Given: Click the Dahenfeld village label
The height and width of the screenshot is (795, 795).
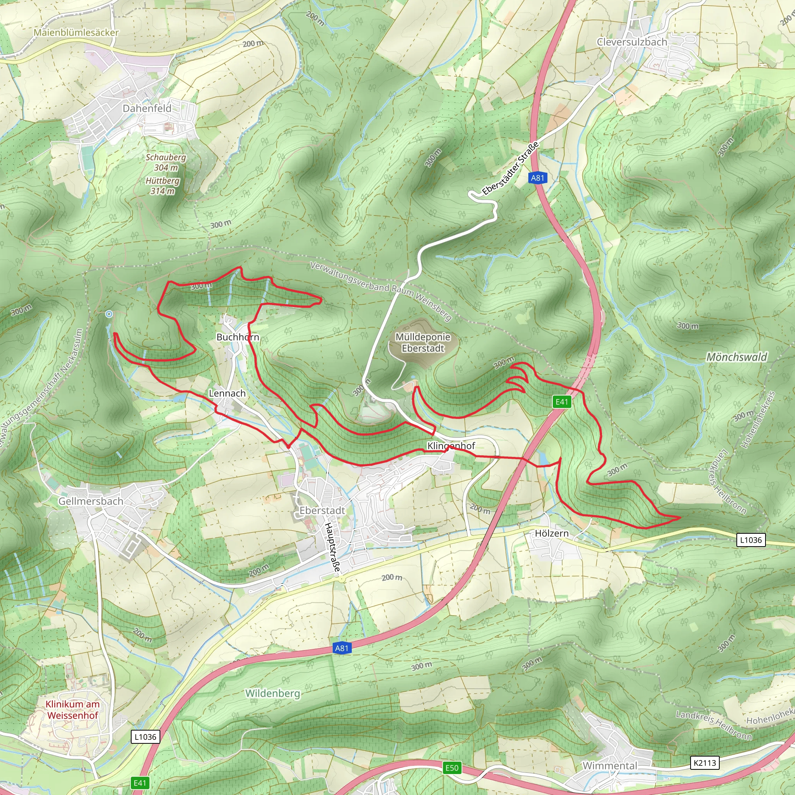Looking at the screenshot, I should tap(147, 108).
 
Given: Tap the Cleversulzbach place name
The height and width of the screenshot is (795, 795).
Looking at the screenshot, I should tap(632, 42).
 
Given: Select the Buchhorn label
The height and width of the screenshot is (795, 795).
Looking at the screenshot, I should tap(238, 337).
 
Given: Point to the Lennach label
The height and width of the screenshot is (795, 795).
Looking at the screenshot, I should tap(227, 393).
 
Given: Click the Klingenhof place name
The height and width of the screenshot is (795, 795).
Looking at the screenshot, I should tap(451, 446).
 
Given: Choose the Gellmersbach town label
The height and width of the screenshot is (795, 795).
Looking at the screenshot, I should tap(90, 501).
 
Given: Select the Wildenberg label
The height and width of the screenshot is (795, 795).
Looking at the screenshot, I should tap(273, 693).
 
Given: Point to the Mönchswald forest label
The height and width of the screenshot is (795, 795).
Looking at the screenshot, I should tap(736, 357).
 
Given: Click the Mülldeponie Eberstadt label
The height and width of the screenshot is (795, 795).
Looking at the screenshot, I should tap(423, 342).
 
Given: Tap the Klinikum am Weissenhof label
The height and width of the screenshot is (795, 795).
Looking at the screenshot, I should tap(73, 710).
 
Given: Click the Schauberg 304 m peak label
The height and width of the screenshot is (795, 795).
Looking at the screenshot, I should tap(166, 162).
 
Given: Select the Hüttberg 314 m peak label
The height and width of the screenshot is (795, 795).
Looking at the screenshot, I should tap(163, 186).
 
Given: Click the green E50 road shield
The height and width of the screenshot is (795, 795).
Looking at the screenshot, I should tap(452, 767).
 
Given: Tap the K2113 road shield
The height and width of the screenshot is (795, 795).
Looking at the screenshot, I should tap(705, 763).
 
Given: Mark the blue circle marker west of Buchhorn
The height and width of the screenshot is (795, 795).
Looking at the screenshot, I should tap(109, 314).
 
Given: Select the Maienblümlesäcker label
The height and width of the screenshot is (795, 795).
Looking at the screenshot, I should tap(76, 32).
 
